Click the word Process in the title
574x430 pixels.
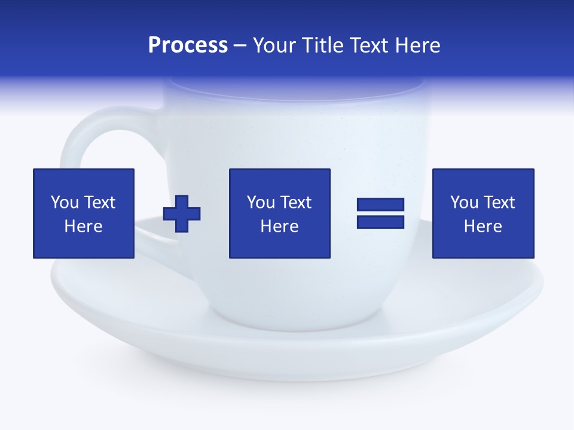click(188, 45)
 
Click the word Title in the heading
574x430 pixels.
click(322, 45)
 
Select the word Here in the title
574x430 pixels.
click(417, 45)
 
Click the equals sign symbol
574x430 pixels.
click(380, 213)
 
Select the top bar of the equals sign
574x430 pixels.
click(380, 205)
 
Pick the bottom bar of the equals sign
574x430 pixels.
click(380, 222)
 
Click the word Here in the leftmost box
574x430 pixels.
click(84, 226)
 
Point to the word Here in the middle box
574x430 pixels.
click(280, 226)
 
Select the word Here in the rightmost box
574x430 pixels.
click(483, 226)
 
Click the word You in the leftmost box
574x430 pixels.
click(65, 202)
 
